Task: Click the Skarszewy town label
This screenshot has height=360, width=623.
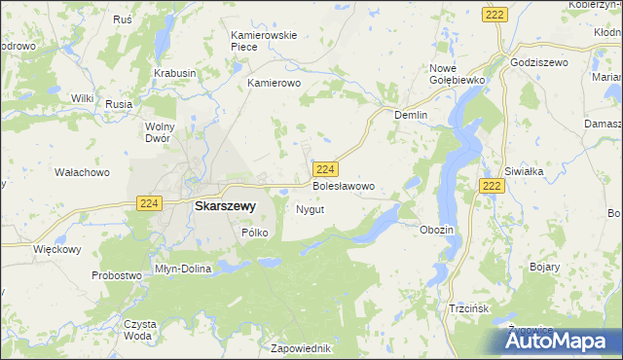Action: click(x=225, y=206)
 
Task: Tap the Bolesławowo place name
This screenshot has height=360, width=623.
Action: click(x=343, y=185)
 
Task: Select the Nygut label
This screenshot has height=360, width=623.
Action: click(x=310, y=209)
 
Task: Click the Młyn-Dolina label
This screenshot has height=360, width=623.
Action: click(x=183, y=268)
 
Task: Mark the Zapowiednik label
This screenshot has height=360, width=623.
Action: click(x=303, y=347)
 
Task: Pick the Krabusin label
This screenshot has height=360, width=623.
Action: click(x=175, y=73)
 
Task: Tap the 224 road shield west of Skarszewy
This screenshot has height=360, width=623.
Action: click(x=149, y=202)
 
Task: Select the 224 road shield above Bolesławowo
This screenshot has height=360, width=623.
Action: click(x=326, y=167)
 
